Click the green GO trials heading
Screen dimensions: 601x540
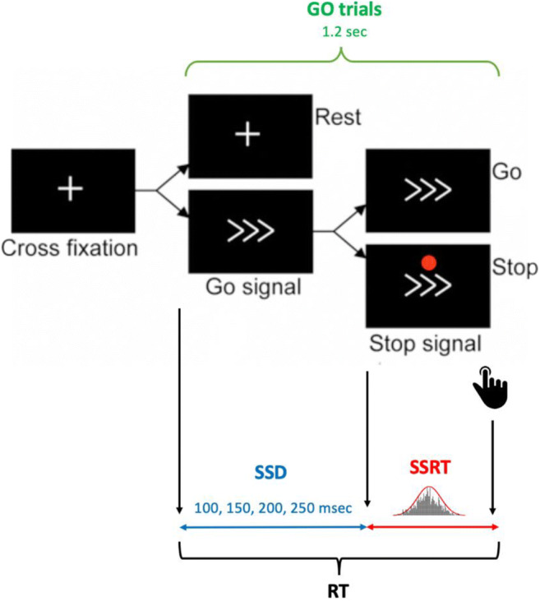tap(339, 12)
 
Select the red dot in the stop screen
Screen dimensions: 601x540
tap(428, 263)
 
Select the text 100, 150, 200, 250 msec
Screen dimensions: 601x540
tap(274, 508)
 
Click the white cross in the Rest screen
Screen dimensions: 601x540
tap(244, 133)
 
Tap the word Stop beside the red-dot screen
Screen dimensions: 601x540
tap(516, 268)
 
